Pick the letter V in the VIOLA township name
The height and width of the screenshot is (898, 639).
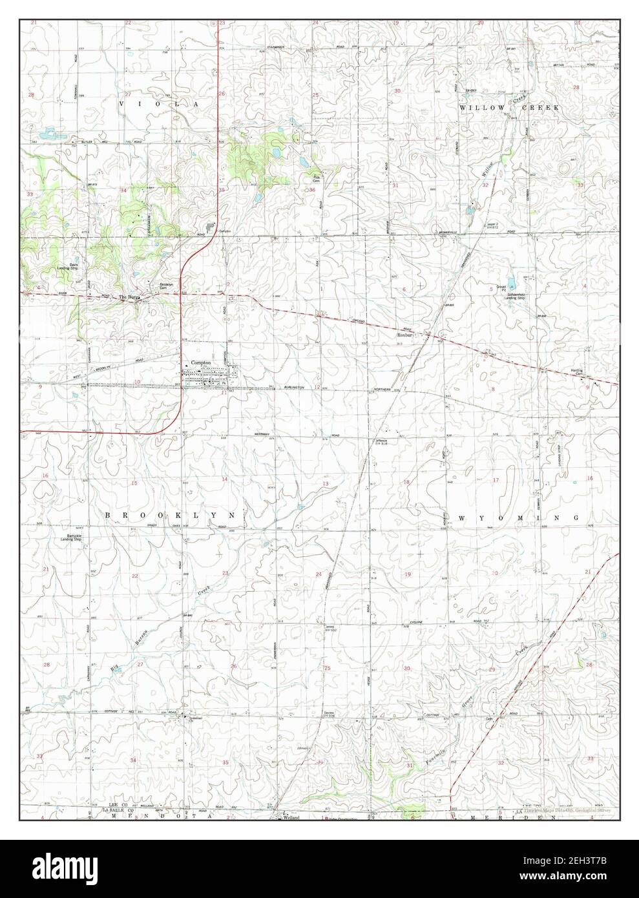[x=121, y=103]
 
